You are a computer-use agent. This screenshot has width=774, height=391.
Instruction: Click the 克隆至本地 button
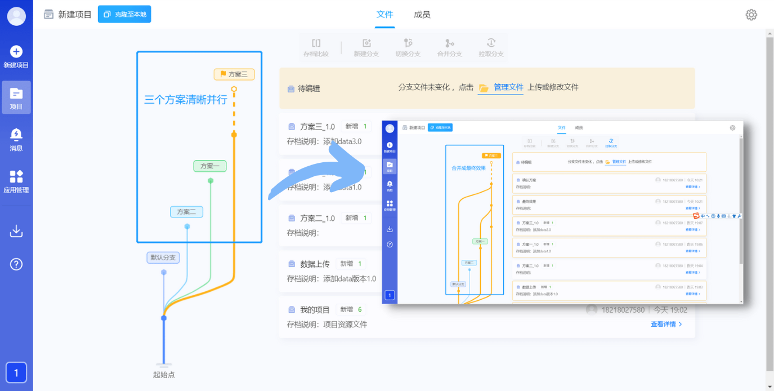point(124,14)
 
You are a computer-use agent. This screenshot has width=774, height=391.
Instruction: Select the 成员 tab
point(422,15)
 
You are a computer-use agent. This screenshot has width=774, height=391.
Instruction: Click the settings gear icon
point(751,15)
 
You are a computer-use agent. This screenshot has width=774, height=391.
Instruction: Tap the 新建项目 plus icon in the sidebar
point(16,52)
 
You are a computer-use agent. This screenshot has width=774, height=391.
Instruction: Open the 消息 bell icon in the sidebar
point(16,135)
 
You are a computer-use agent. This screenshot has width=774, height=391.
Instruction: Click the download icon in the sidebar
point(16,231)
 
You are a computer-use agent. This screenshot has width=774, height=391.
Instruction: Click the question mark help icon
point(16,264)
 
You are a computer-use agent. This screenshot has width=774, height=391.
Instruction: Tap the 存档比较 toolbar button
point(316,48)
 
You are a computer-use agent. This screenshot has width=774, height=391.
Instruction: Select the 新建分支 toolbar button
point(366,48)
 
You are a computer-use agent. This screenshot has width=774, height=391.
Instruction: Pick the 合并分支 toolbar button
point(449,48)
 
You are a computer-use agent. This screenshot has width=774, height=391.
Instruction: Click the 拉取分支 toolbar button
point(491,48)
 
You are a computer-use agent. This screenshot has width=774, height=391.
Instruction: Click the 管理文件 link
point(508,87)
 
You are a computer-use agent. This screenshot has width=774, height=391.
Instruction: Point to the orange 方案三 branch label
point(234,74)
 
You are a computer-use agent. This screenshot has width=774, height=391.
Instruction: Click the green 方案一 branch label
point(210,166)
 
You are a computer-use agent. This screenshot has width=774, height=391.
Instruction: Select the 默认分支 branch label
point(163,257)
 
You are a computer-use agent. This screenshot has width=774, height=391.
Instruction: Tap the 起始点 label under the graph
point(164,374)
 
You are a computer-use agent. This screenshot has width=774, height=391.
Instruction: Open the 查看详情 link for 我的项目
point(666,324)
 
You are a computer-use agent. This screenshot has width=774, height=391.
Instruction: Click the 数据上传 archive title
point(315,264)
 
